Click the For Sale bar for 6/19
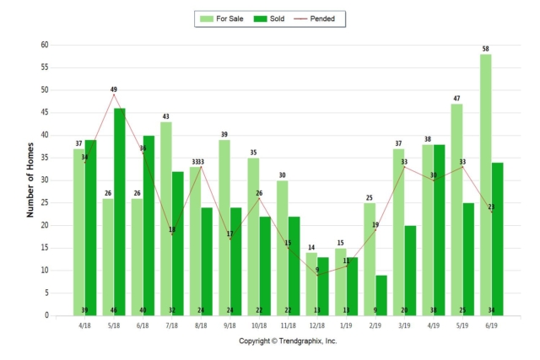(x=486, y=185)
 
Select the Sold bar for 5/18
(x=120, y=212)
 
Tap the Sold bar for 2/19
(x=381, y=295)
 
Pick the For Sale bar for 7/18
(x=166, y=218)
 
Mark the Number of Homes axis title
(x=30, y=180)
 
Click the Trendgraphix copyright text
(x=287, y=341)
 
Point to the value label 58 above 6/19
(x=486, y=49)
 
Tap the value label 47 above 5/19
(x=456, y=99)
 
